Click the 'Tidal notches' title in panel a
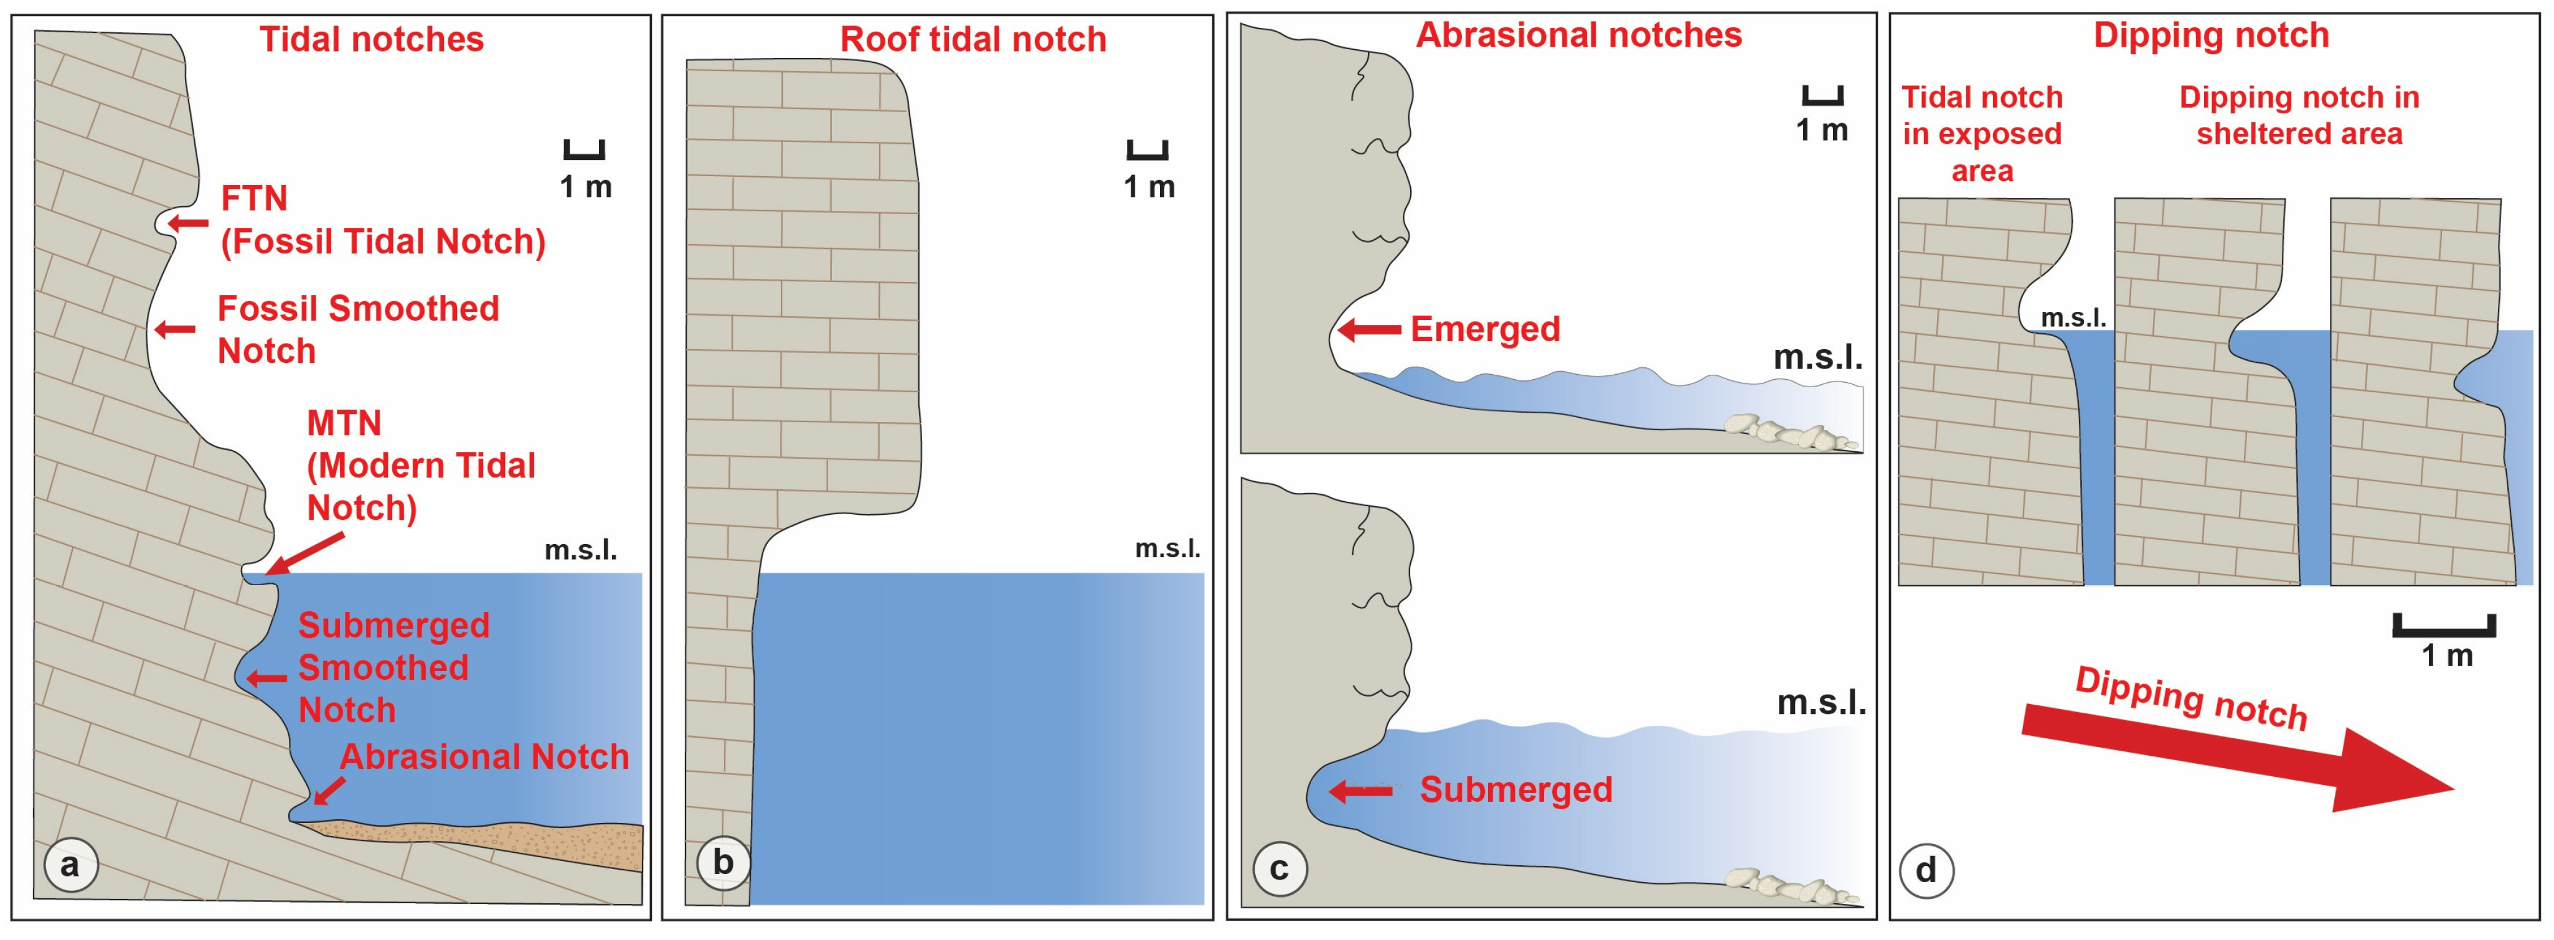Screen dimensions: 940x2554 point(371,40)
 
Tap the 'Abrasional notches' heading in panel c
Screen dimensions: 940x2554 point(1578,35)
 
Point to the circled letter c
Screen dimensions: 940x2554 point(1279,870)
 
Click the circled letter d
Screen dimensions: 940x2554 point(1925,871)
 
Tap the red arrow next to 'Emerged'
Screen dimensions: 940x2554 point(1369,329)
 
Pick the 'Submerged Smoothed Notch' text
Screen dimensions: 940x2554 point(393,667)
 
